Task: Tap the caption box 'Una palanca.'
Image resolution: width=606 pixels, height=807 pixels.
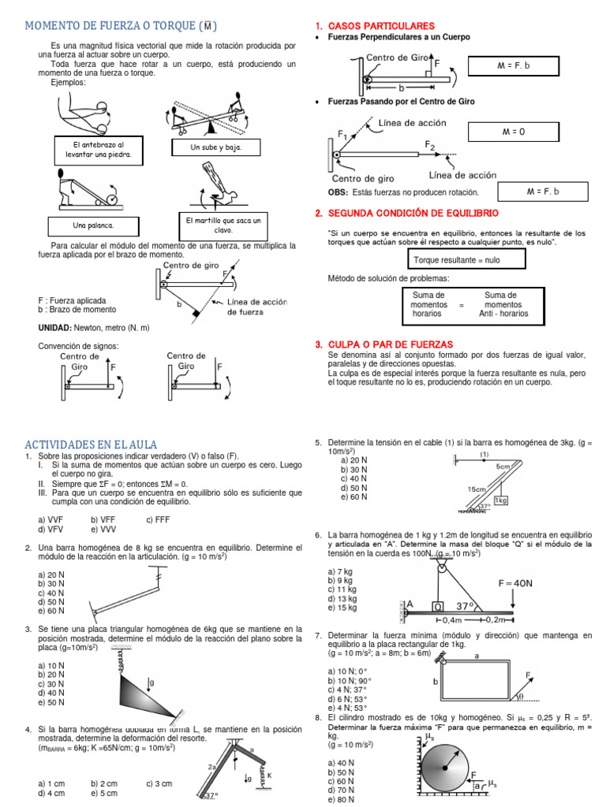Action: click(x=93, y=225)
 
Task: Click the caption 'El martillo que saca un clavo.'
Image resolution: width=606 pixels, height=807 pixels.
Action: click(x=223, y=224)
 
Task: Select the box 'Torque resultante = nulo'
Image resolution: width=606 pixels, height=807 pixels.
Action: click(x=457, y=259)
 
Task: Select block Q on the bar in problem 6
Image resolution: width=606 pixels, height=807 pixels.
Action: click(x=436, y=607)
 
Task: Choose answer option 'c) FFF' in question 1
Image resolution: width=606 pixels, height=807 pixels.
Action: click(x=159, y=519)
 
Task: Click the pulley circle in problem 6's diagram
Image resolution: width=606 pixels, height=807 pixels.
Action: click(x=443, y=566)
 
